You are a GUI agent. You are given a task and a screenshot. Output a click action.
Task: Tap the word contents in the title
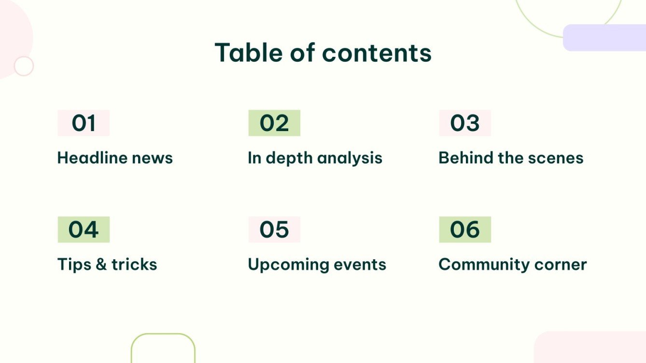click(x=377, y=53)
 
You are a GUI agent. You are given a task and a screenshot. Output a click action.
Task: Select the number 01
click(x=84, y=123)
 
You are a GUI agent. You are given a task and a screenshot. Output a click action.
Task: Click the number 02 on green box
click(x=274, y=123)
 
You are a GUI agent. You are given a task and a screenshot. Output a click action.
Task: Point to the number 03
click(x=465, y=123)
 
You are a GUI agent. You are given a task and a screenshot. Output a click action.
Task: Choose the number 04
click(x=84, y=230)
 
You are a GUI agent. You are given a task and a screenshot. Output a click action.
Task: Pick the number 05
click(x=274, y=230)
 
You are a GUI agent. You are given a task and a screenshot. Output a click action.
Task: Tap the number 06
click(x=465, y=230)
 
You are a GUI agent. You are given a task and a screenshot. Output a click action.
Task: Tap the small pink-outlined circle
click(x=24, y=66)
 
